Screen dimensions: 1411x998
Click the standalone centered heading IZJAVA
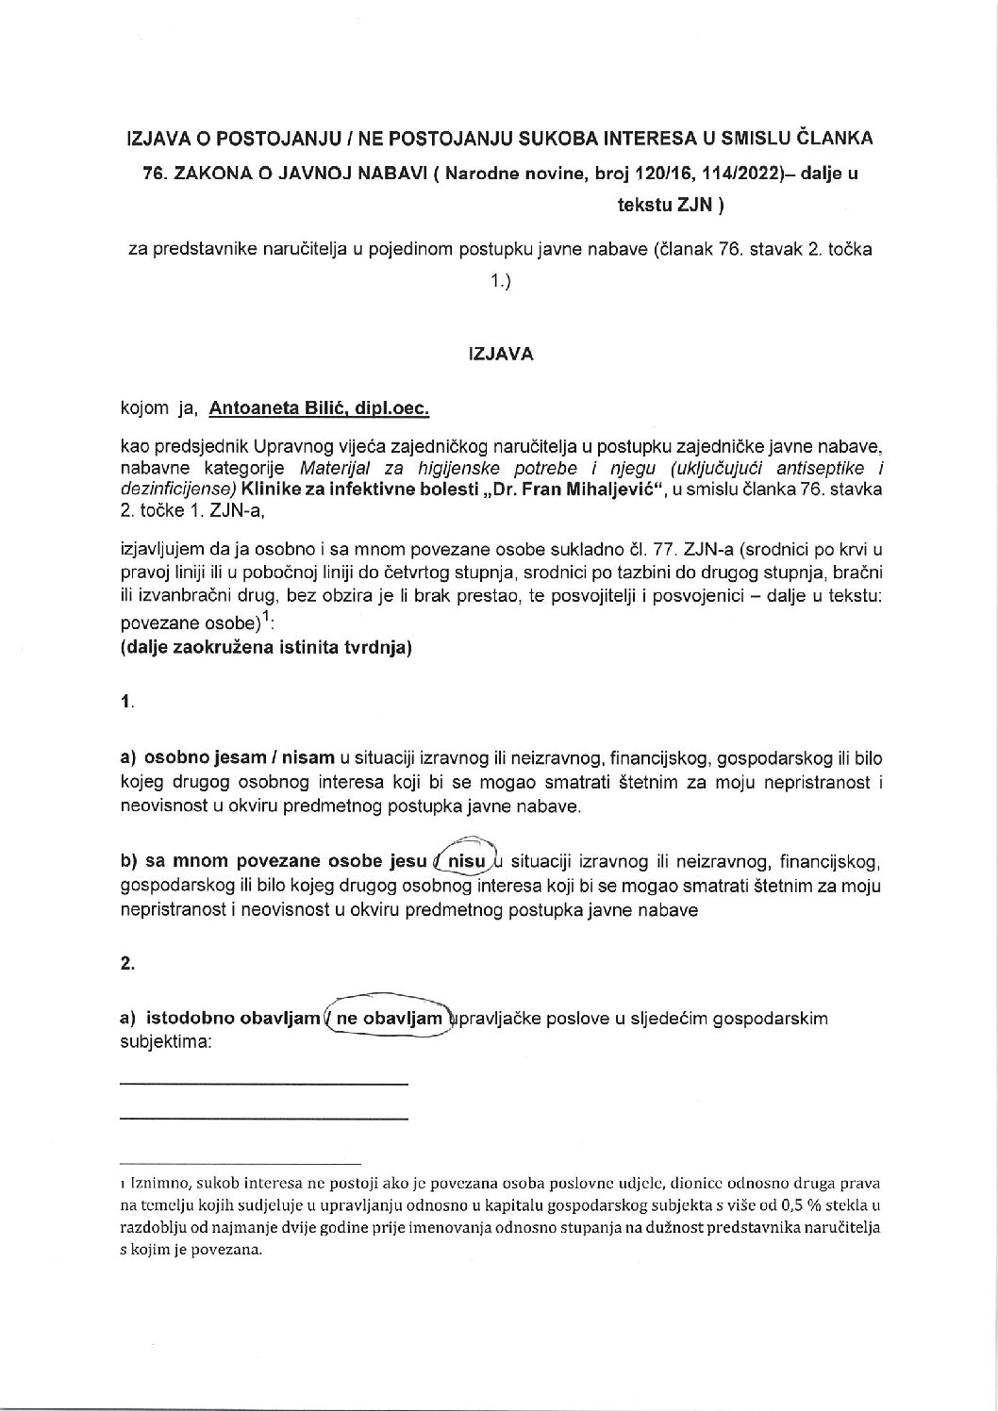(x=500, y=355)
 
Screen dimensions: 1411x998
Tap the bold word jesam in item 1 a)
(x=234, y=756)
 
